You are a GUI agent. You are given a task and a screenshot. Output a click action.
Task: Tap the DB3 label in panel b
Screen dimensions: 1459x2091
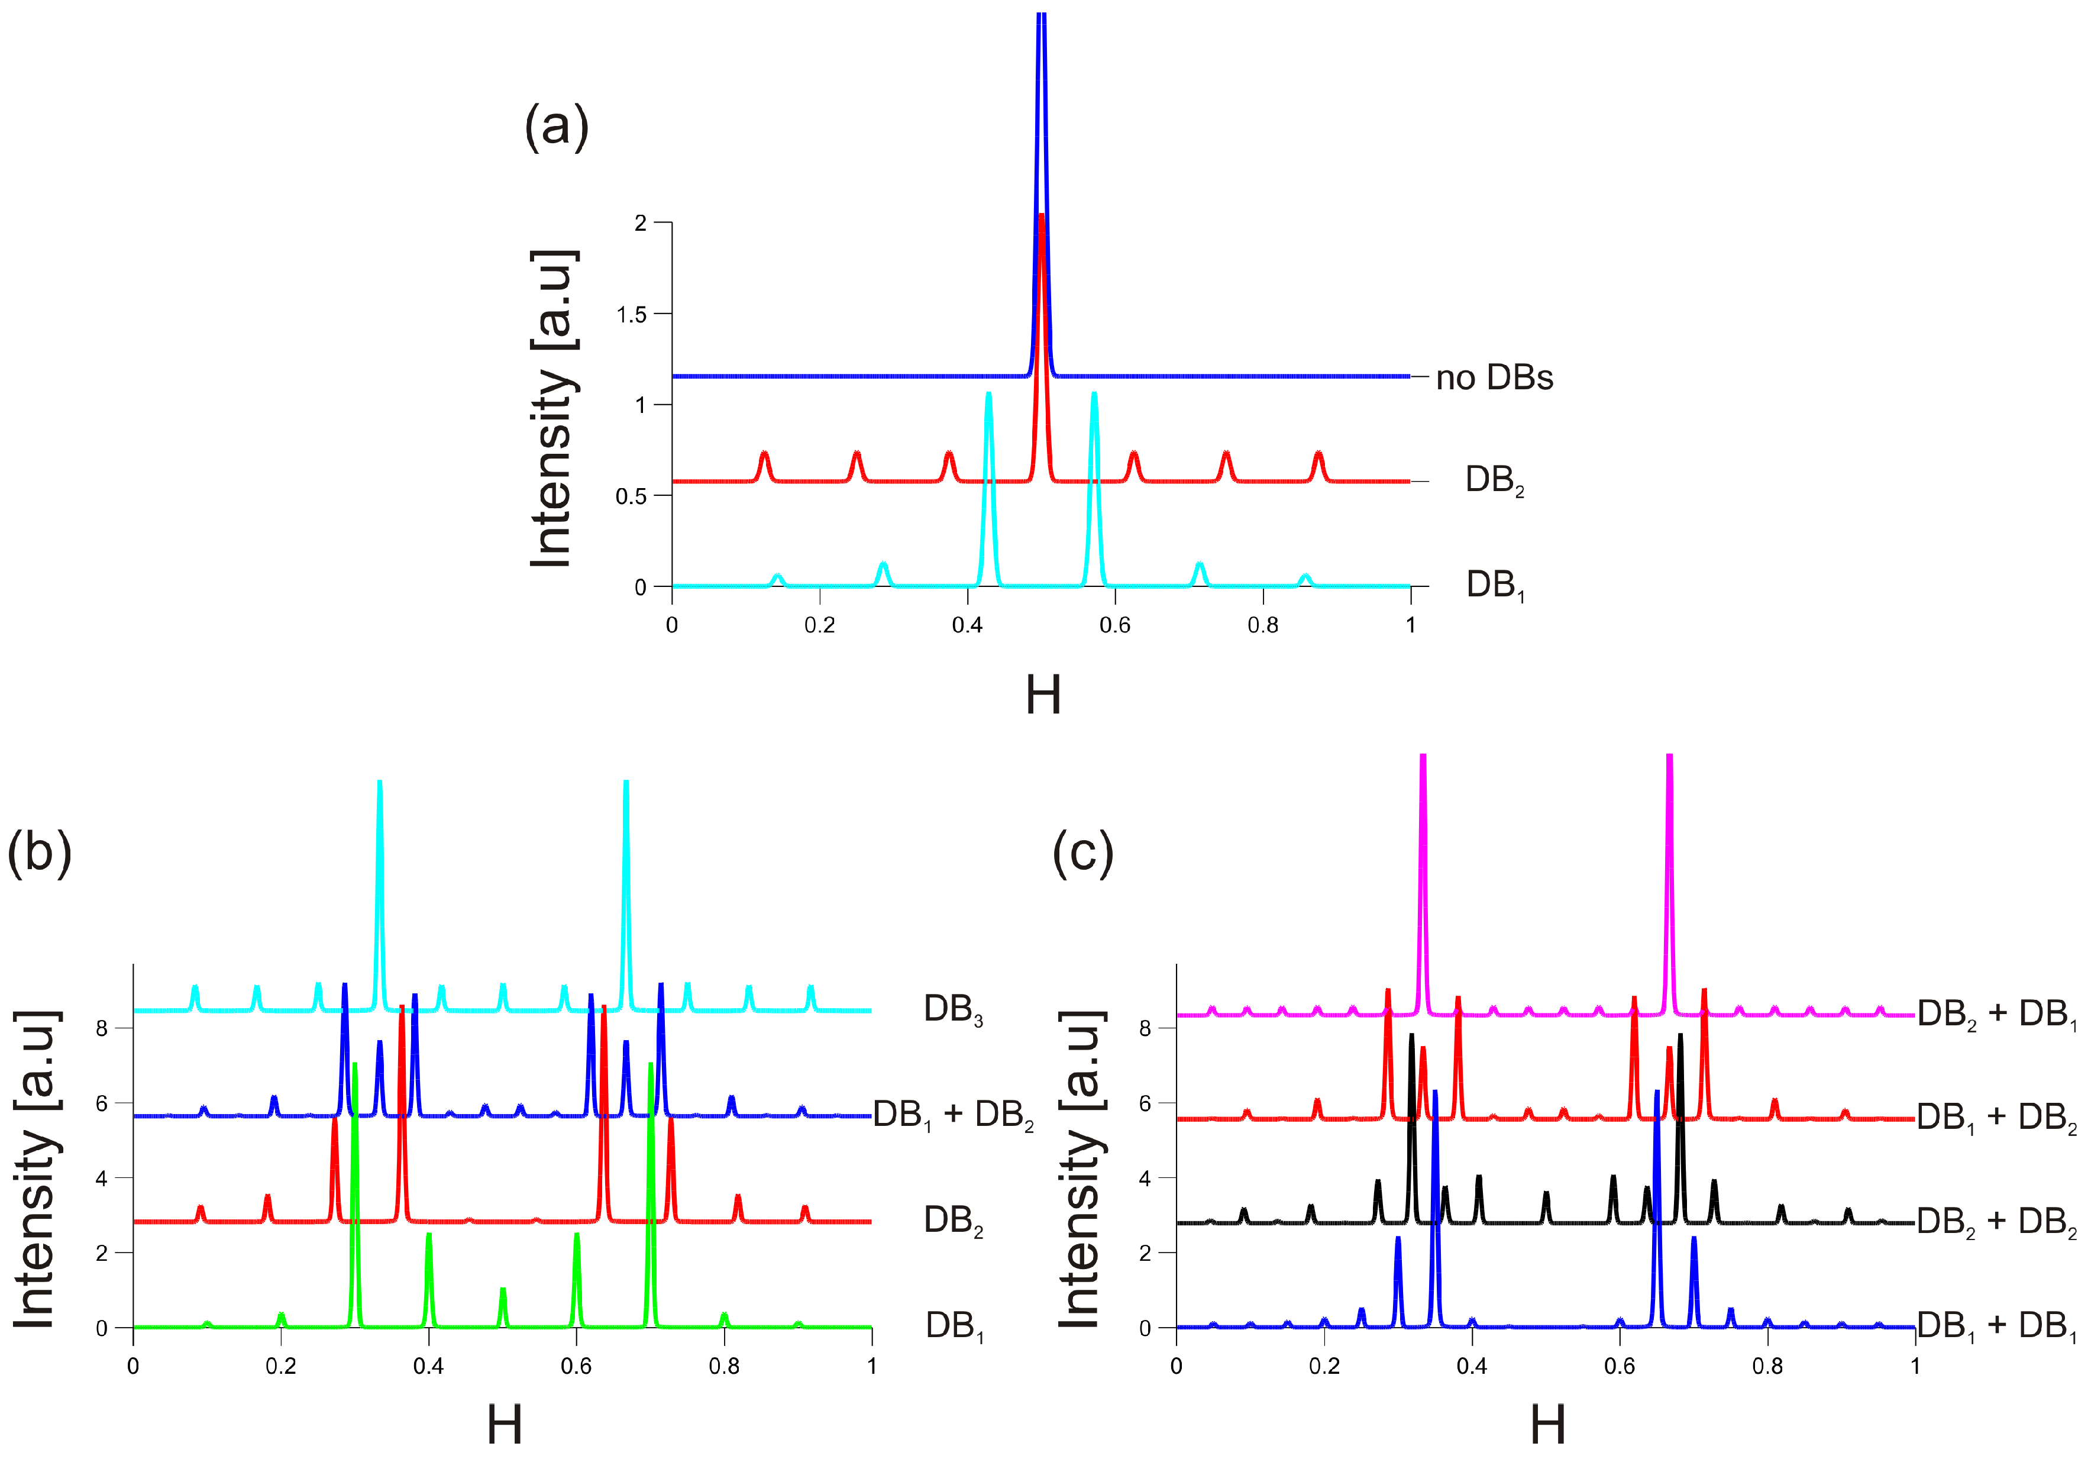[952, 1010]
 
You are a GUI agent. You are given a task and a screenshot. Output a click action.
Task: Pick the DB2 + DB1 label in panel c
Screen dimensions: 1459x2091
[1996, 1013]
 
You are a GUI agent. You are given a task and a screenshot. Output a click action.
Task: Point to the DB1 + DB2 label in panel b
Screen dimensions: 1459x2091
[952, 1115]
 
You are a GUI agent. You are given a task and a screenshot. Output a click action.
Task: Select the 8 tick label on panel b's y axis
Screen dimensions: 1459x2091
[101, 1028]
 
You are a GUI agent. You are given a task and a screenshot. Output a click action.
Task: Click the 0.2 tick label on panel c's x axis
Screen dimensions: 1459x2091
[1324, 1366]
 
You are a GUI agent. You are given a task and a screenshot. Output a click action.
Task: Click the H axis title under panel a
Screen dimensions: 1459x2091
[1043, 696]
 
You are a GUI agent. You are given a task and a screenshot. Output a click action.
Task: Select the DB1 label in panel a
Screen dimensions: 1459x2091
[1494, 585]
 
